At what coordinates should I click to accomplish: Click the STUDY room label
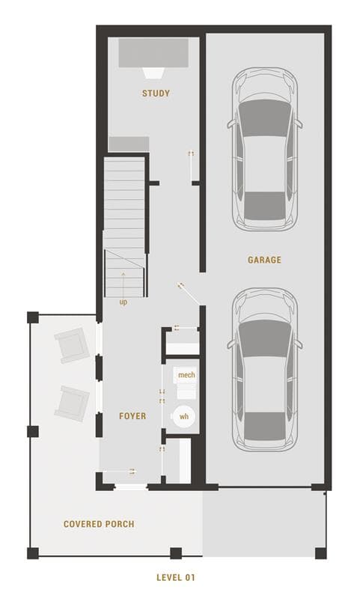tap(156, 94)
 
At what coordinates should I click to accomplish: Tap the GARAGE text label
tap(264, 260)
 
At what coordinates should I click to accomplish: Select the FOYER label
tap(132, 416)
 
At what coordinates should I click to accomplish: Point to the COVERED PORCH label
tap(99, 524)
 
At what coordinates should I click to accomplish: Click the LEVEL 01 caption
tap(176, 578)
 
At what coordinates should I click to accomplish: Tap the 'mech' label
tap(186, 375)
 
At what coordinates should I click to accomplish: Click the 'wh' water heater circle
tap(183, 417)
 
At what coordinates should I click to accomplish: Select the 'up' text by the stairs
tap(123, 302)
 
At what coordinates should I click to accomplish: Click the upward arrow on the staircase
tap(123, 284)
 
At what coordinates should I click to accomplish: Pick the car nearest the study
tap(265, 150)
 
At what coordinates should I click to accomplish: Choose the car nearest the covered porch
tap(265, 370)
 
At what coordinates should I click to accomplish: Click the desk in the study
tap(153, 52)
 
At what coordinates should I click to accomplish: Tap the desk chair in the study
tap(153, 73)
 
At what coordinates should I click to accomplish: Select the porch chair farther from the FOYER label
tap(72, 345)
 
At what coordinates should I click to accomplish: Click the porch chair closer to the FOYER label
tap(72, 403)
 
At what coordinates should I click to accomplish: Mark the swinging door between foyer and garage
tap(189, 293)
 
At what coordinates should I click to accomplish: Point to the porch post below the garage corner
tap(320, 553)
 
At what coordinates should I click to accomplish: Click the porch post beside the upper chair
tap(33, 317)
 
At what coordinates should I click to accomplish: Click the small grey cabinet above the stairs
tap(129, 144)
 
